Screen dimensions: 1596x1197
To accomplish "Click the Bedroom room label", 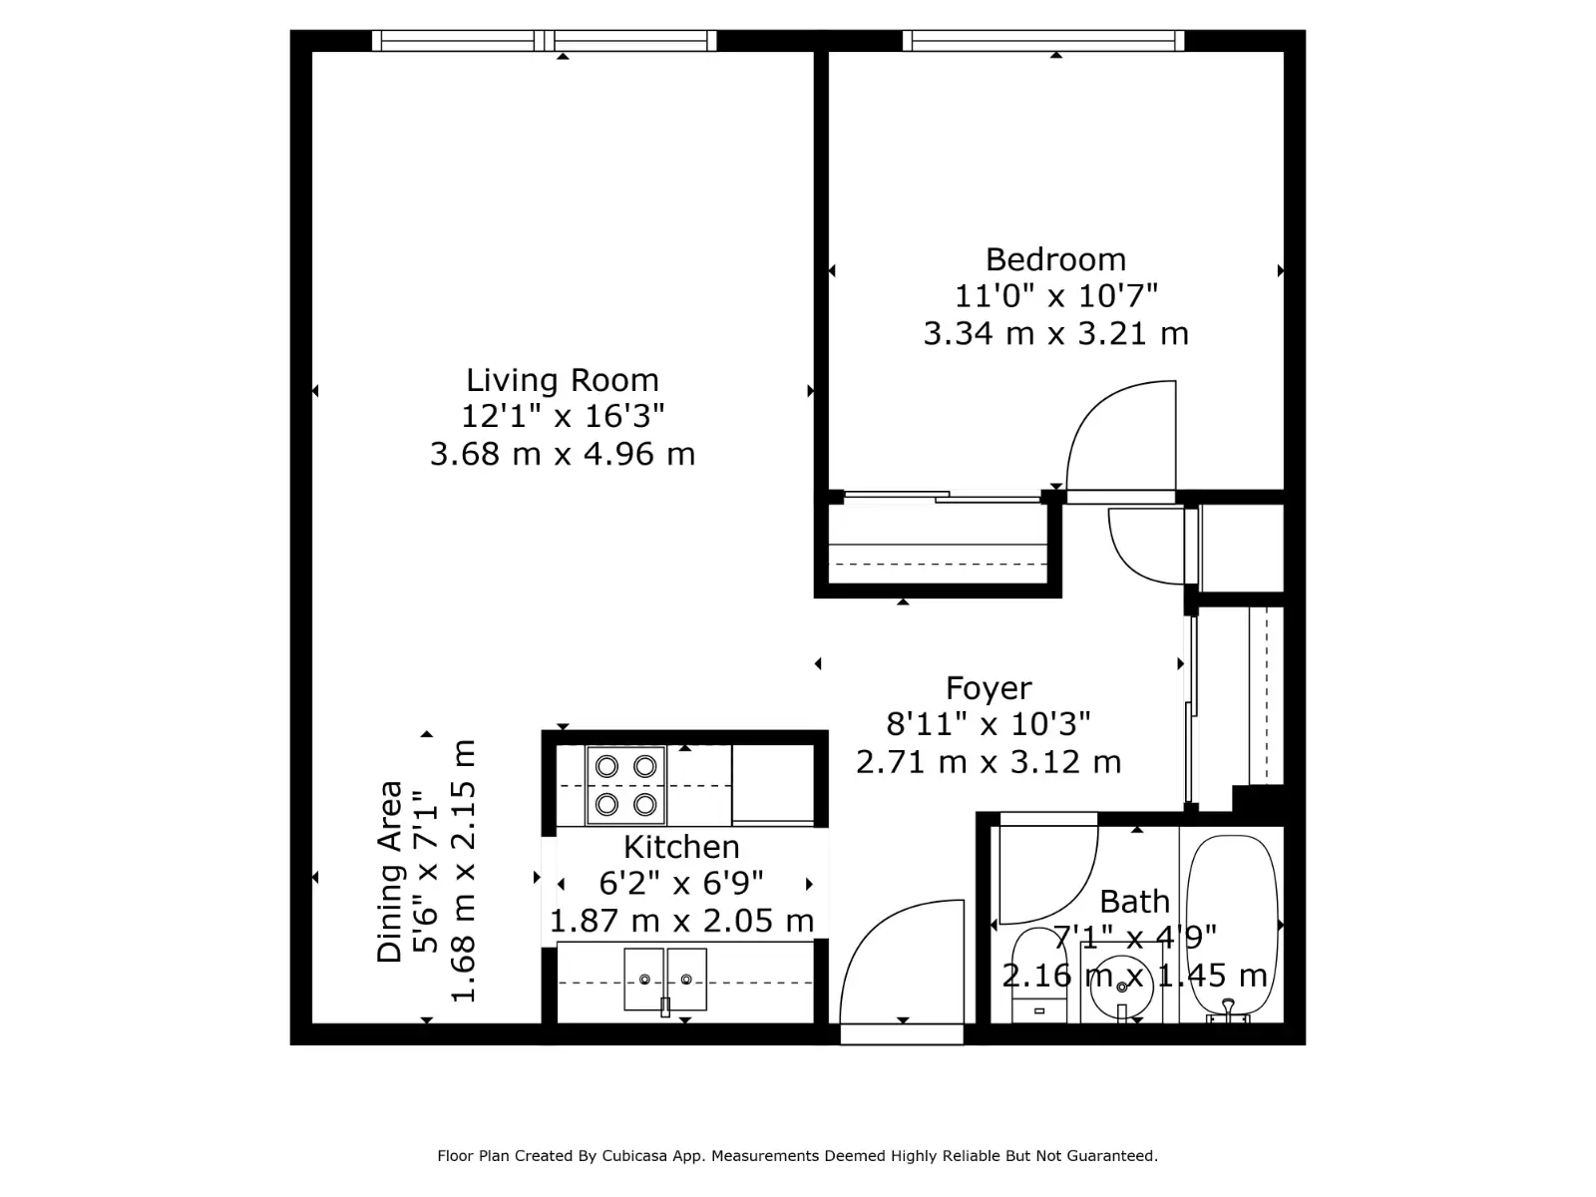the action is coord(1055,259).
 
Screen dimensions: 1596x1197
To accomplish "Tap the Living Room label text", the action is coord(562,380).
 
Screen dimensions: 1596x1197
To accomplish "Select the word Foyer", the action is coord(989,688).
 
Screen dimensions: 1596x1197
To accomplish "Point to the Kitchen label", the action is coord(681,847).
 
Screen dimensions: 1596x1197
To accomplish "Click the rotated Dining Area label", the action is coord(390,872).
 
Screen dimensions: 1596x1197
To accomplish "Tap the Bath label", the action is coord(1134,901).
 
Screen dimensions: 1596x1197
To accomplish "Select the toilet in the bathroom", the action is coord(1039,975).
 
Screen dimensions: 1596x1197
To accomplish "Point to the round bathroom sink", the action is coord(1122,986).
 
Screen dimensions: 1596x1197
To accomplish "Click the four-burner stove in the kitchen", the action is coord(626,786).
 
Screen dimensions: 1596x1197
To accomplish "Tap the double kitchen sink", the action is coord(665,979).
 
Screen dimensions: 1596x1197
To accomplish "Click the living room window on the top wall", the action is coord(544,41).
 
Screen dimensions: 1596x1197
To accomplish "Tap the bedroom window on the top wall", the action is coord(1043,41).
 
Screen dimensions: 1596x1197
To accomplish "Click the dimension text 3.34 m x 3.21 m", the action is coord(1055,333).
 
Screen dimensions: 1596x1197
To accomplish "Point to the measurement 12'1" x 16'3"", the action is coord(563,416).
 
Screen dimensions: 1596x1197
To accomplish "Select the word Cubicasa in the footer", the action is coord(634,1155).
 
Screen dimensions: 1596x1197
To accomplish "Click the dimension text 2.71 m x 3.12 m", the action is coord(989,762).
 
